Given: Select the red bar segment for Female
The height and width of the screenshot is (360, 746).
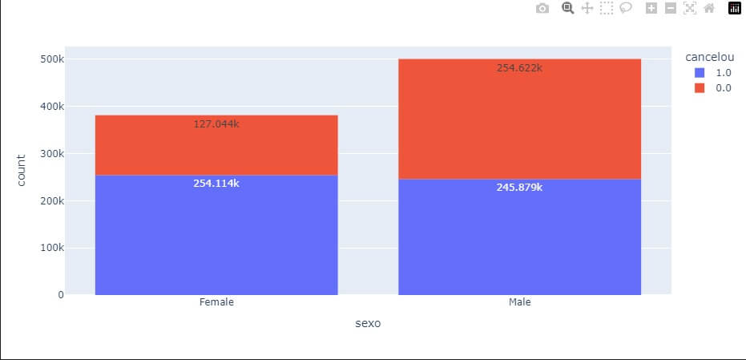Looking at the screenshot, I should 216,148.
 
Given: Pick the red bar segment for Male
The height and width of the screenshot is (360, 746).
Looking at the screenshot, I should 519,120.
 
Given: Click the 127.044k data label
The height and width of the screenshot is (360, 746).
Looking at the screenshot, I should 216,124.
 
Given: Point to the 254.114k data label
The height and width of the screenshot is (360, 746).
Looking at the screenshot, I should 216,184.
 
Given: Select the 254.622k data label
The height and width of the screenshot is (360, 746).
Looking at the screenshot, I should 519,68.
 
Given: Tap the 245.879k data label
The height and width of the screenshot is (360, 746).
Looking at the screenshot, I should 519,188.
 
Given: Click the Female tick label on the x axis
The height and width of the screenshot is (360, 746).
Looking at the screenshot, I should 216,303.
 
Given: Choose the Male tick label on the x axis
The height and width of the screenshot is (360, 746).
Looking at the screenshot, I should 519,303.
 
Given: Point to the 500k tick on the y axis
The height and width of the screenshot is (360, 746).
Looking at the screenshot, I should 51,59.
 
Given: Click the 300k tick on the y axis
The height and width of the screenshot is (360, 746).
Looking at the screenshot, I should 51,154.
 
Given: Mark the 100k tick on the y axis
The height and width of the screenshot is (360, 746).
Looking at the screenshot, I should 51,248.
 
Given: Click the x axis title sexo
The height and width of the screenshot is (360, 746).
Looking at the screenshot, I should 368,324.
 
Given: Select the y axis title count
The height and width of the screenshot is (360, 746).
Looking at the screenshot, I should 22,170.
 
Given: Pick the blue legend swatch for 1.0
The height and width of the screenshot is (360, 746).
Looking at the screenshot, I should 700,72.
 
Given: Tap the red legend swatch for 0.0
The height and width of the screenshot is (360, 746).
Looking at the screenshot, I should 700,88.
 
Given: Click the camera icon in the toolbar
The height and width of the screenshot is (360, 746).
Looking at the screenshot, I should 542,8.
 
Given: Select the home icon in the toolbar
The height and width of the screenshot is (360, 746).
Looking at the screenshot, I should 708,8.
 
